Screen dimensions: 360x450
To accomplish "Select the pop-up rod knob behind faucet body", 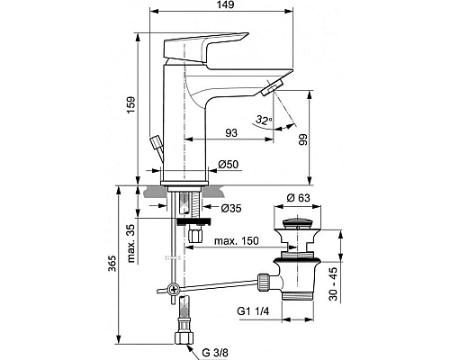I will (157, 144).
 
